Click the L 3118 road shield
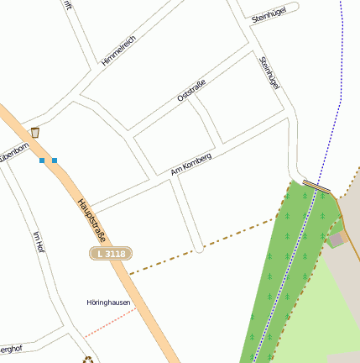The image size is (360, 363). pyautogui.click(x=111, y=253)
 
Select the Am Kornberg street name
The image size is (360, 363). pyautogui.click(x=191, y=164)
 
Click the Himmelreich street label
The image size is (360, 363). pyautogui.click(x=117, y=50)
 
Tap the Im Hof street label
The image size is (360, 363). pyautogui.click(x=37, y=243)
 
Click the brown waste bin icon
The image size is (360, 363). pyautogui.click(x=35, y=132)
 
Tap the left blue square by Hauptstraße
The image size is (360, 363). pyautogui.click(x=42, y=160)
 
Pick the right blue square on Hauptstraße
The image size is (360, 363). pyautogui.click(x=55, y=160)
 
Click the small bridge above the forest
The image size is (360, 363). pyautogui.click(x=317, y=186)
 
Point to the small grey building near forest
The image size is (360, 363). pyautogui.click(x=337, y=240)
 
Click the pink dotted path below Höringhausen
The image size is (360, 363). pyautogui.click(x=109, y=323)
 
